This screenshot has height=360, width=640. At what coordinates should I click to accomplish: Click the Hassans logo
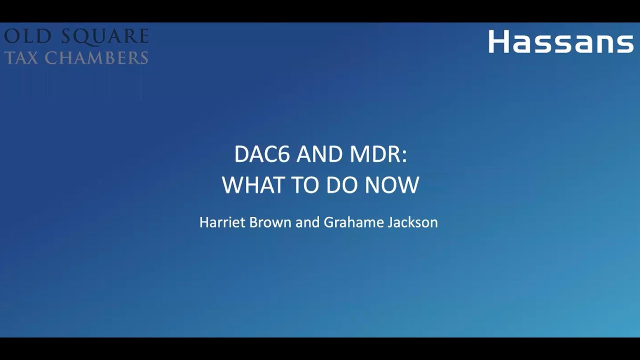tap(561, 41)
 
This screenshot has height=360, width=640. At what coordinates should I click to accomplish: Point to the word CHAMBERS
tap(96, 57)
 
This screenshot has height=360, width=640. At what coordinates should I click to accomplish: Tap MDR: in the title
tap(378, 155)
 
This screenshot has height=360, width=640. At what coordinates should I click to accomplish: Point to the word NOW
tap(392, 185)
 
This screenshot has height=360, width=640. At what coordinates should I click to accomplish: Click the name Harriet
tap(222, 222)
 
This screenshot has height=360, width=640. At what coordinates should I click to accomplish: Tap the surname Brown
tap(270, 222)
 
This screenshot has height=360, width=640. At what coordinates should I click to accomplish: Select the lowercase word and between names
tap(307, 222)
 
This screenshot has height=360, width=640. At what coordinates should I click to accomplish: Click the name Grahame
tap(353, 222)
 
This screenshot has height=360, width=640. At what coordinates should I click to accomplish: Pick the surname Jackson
tap(412, 222)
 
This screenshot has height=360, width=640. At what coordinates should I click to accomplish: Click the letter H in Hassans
tap(498, 41)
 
